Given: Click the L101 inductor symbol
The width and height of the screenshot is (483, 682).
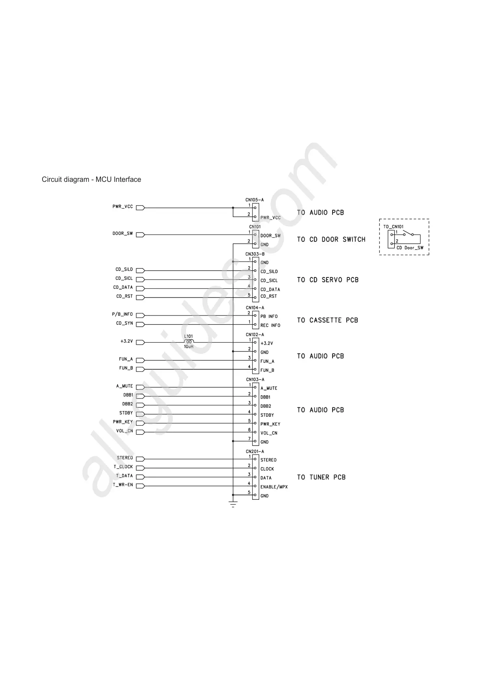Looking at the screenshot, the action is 189,341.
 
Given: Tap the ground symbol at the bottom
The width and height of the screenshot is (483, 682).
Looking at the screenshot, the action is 233,504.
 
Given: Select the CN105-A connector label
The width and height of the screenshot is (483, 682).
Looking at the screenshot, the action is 254,200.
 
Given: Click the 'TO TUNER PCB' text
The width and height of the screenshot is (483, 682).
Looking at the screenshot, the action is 321,477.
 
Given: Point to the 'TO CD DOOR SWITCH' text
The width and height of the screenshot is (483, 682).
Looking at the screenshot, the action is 331,239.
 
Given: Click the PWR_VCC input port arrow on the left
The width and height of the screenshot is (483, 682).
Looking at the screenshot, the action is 140,208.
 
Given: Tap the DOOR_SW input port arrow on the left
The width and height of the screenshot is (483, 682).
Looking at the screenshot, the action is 140,234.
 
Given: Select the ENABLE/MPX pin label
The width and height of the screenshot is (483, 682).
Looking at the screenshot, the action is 274,487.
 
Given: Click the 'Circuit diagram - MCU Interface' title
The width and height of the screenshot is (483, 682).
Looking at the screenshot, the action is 91,179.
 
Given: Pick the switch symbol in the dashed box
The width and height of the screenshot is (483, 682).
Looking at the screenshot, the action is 408,234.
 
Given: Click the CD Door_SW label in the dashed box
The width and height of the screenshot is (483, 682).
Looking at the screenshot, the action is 410,248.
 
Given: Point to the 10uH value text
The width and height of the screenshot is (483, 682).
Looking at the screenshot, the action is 189,347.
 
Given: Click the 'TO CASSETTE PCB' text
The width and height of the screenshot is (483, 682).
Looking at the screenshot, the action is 327,320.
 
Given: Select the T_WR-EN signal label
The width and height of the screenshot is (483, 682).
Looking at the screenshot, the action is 123,485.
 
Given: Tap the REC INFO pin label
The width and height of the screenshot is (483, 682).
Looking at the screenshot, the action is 270,325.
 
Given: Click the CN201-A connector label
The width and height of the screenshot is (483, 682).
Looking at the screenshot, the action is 255,451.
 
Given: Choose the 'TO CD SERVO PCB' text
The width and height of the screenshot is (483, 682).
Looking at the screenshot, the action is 328,280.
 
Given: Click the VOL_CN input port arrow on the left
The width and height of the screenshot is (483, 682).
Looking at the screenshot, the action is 140,432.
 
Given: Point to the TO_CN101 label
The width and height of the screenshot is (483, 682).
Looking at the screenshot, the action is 393,227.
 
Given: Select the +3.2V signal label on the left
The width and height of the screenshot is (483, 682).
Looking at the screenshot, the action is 127,341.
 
